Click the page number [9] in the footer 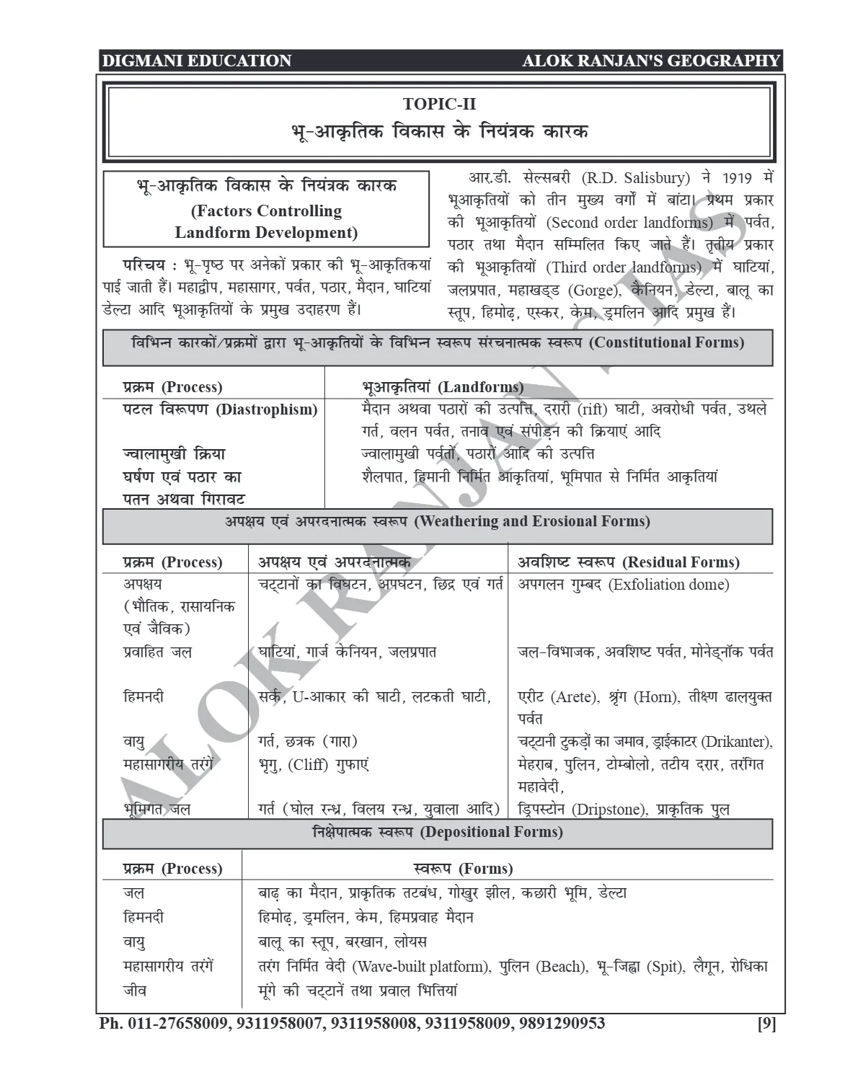tap(766, 1024)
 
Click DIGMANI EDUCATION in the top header tap(196, 61)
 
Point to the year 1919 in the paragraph tap(736, 178)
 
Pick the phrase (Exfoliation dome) tap(668, 585)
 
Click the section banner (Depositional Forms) tap(491, 832)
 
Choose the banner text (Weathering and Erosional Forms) tap(532, 521)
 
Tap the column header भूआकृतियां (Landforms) tap(442, 387)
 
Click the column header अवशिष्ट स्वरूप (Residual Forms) tap(629, 562)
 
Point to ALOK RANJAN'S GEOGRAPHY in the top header tap(651, 61)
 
